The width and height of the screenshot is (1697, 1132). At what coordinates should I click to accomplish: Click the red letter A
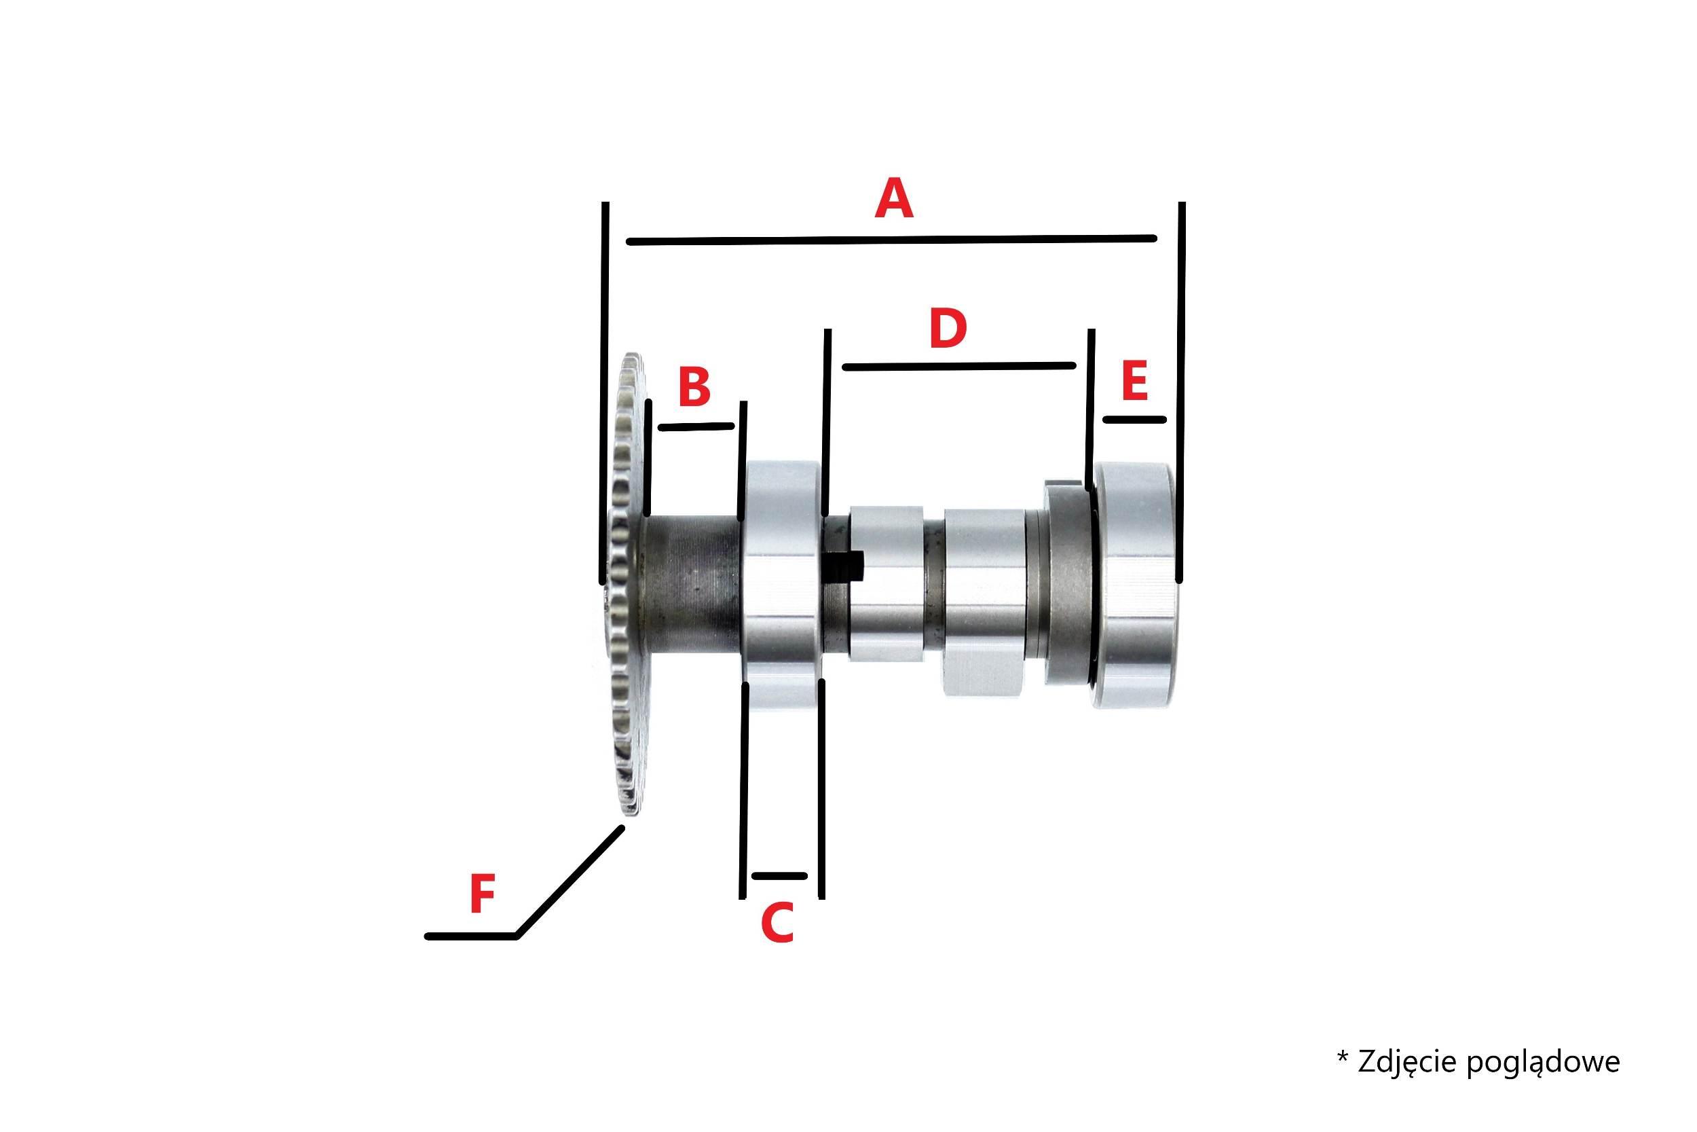click(x=894, y=199)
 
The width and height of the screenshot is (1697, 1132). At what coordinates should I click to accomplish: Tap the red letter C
click(x=778, y=923)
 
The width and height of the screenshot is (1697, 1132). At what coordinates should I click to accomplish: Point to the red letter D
click(x=948, y=328)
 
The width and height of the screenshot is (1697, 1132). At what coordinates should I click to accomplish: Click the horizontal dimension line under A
click(x=892, y=239)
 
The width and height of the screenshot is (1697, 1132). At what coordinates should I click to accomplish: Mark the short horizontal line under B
click(x=696, y=426)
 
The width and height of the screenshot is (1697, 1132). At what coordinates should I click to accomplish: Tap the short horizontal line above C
click(x=779, y=876)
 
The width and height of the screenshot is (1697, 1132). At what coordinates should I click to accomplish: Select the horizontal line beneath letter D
click(x=959, y=366)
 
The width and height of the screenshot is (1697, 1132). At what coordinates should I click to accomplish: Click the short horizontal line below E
click(x=1134, y=419)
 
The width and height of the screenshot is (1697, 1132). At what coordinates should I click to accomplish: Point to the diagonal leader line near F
click(x=570, y=881)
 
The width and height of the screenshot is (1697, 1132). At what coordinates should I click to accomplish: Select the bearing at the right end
click(x=1136, y=585)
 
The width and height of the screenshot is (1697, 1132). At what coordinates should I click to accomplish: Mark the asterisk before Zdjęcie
click(x=1343, y=1057)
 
